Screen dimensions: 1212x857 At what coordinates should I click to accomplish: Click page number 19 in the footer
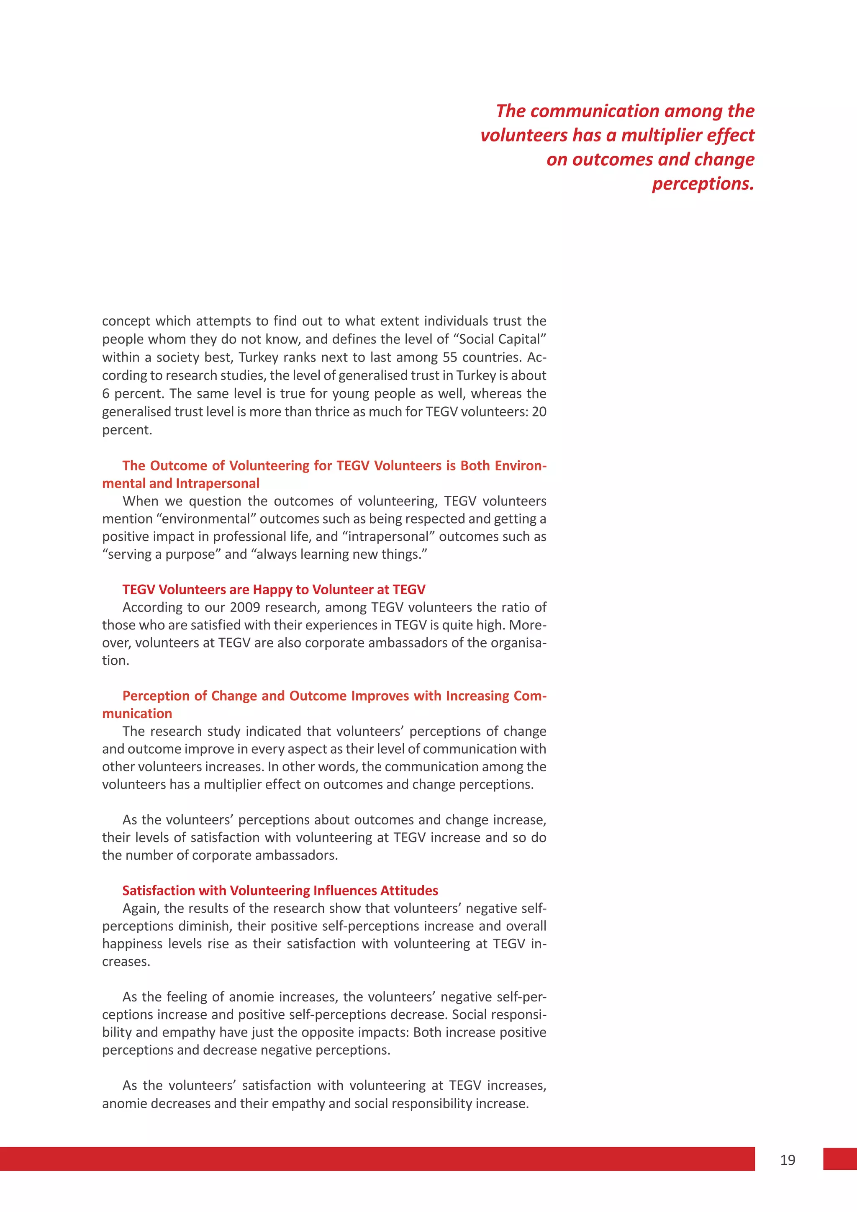point(788,1160)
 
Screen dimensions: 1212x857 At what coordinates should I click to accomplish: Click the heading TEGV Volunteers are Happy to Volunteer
point(273,589)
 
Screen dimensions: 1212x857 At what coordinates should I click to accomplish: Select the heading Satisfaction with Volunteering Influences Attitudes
point(280,891)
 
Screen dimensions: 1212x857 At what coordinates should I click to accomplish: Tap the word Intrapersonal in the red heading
point(218,483)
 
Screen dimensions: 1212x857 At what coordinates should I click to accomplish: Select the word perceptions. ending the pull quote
point(703,184)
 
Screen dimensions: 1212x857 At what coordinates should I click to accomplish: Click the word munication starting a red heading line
point(137,713)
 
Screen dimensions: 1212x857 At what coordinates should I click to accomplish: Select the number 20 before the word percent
point(539,412)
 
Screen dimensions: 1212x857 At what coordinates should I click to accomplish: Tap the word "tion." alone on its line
point(115,660)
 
